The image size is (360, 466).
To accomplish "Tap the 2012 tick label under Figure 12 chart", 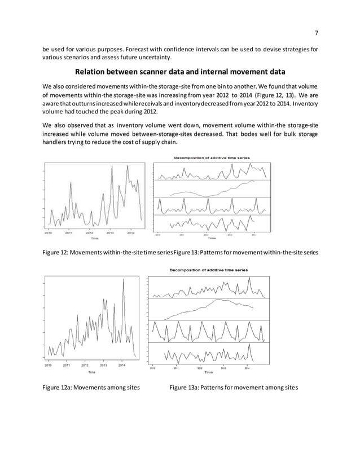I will [x=89, y=232].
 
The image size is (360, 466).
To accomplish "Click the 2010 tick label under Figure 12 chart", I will [x=49, y=232].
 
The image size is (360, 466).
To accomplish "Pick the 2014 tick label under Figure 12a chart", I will [x=121, y=366].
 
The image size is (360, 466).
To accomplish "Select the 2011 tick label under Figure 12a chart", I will [x=66, y=366].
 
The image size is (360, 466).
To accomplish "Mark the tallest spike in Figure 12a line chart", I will [x=123, y=280].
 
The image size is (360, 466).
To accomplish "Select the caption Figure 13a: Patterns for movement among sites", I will [x=230, y=388].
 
